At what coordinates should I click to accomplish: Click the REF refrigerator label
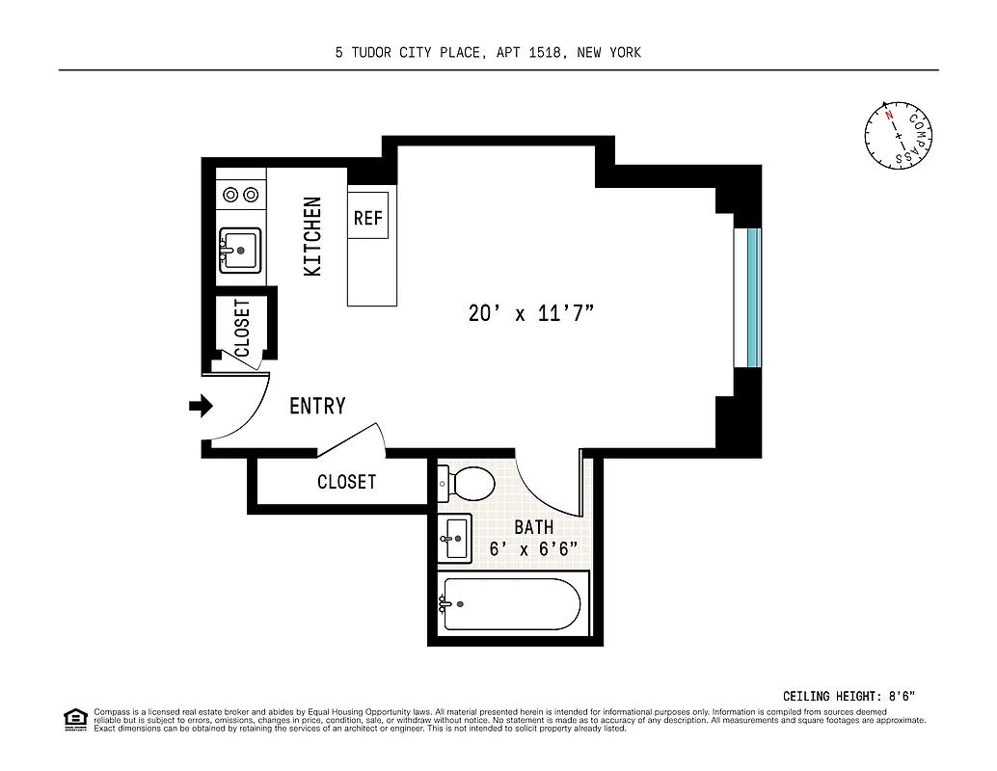(x=368, y=219)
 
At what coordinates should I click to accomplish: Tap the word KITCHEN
(x=313, y=237)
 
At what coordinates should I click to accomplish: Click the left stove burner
(x=231, y=195)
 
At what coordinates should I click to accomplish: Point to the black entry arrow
(x=201, y=407)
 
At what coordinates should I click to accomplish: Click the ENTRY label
(x=317, y=407)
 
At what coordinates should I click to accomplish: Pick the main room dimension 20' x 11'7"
(x=530, y=313)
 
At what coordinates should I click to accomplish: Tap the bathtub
(x=511, y=604)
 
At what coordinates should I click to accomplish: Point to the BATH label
(x=533, y=527)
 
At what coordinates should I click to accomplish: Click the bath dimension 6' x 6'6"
(x=533, y=549)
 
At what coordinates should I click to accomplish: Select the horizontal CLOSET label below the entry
(x=346, y=482)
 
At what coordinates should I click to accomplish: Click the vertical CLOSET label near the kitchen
(x=242, y=328)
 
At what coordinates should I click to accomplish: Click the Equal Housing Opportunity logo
(x=74, y=719)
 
